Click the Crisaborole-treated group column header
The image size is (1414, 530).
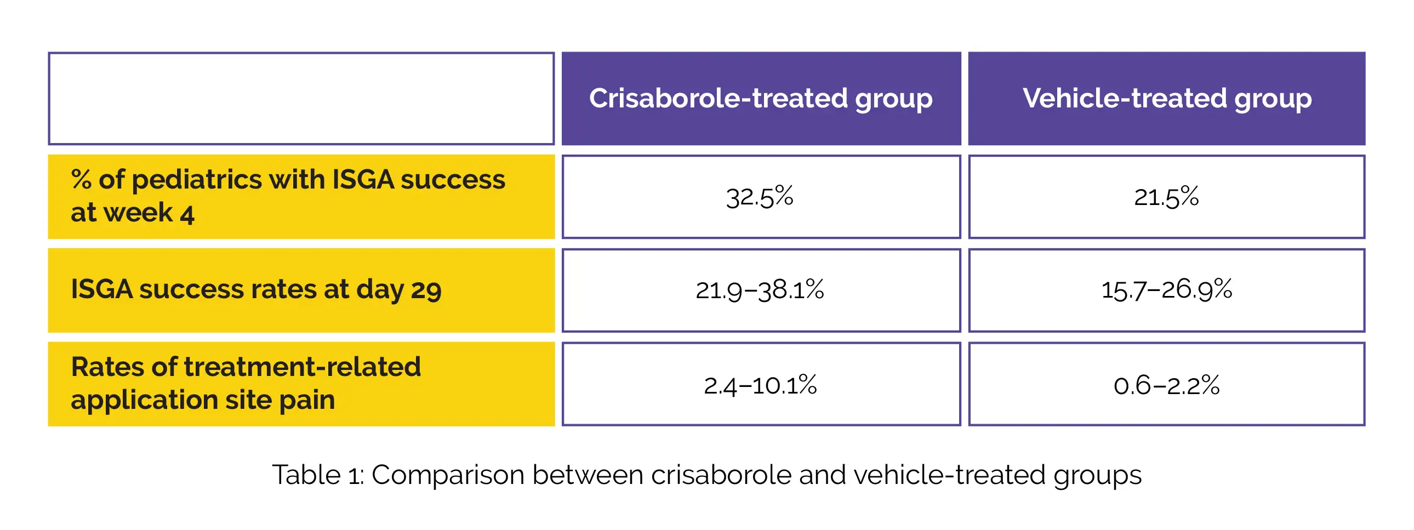761,99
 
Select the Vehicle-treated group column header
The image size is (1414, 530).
1166,99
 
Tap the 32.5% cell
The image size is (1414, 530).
761,197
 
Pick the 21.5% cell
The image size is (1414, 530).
1166,197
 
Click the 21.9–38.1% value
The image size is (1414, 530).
760,290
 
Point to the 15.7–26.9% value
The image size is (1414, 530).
1166,290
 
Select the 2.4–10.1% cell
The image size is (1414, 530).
761,384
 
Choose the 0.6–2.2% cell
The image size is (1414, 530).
1166,384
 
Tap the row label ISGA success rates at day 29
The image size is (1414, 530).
256,290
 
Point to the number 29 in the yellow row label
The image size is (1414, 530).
426,291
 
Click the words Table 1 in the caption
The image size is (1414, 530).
317,475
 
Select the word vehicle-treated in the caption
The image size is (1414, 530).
950,475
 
